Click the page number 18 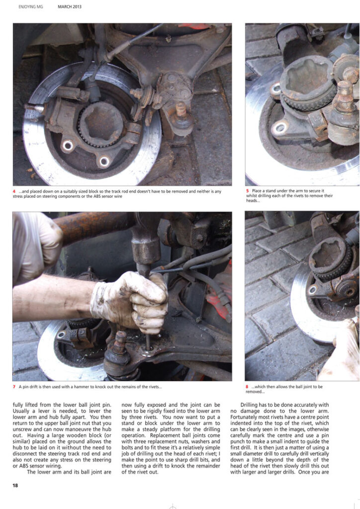pyautogui.click(x=15, y=485)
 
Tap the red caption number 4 pyautogui.click(x=14, y=191)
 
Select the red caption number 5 pyautogui.click(x=247, y=191)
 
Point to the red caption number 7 pyautogui.click(x=14, y=387)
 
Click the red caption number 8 pyautogui.click(x=247, y=387)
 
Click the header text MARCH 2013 pyautogui.click(x=70, y=6)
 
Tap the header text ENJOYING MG pyautogui.click(x=30, y=6)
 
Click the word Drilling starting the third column pyautogui.click(x=250, y=405)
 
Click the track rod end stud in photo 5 pyautogui.click(x=345, y=94)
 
